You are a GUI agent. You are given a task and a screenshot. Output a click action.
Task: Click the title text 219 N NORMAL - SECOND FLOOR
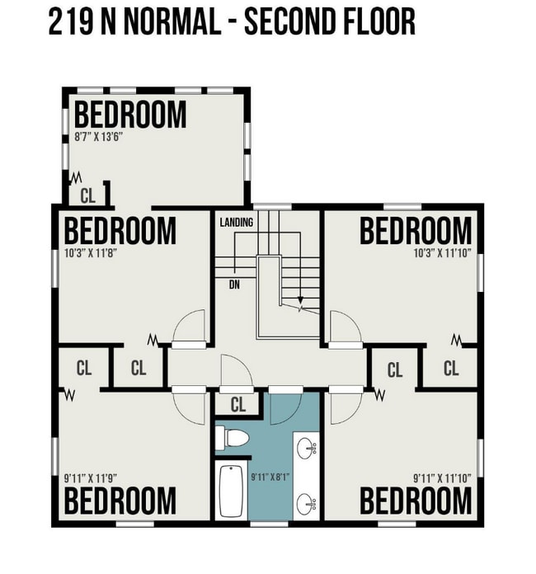[232, 22]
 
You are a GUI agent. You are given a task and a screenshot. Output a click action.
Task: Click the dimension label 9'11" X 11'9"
[91, 477]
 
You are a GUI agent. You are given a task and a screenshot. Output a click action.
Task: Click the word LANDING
[236, 223]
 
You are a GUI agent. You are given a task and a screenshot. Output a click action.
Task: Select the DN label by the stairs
[235, 285]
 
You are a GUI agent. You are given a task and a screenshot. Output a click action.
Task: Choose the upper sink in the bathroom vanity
[307, 449]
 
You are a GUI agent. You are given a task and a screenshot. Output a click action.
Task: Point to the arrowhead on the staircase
[300, 302]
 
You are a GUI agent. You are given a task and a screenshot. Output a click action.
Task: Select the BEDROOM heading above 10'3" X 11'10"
[416, 231]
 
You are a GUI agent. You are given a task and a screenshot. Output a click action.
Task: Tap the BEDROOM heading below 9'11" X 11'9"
[120, 501]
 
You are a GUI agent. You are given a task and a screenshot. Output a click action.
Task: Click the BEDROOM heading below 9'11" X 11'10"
[416, 501]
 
